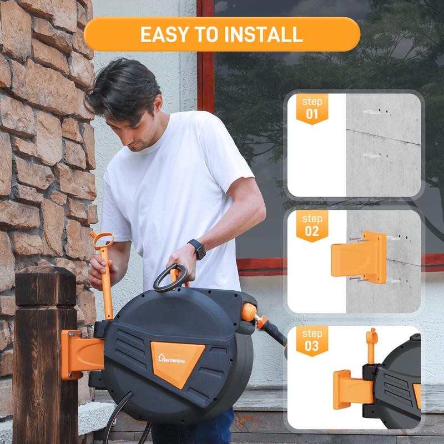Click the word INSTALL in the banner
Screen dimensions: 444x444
pos(264,34)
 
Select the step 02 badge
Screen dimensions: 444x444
pos(312,225)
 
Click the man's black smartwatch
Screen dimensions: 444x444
pos(196,249)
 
